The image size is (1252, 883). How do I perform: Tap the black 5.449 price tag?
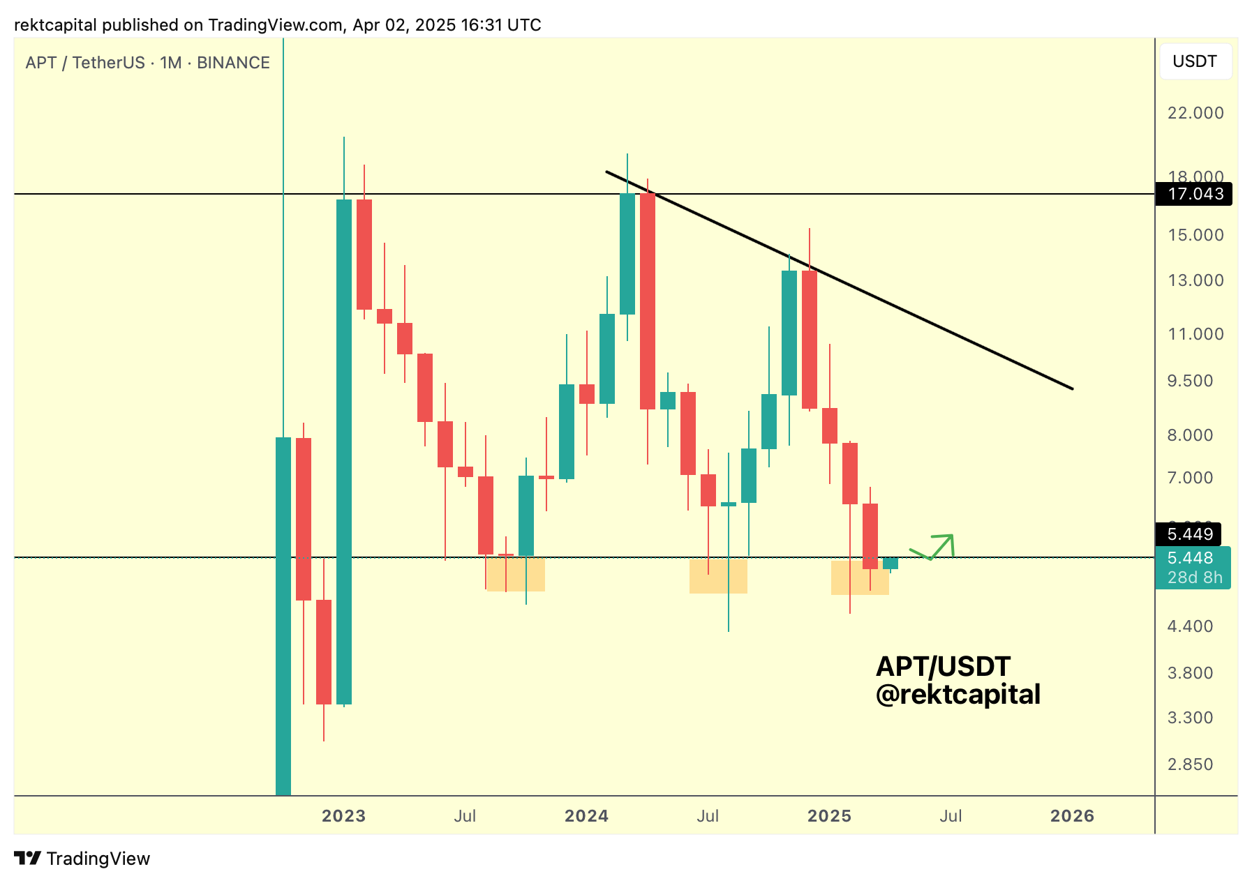[1190, 534]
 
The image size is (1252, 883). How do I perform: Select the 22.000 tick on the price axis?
[1195, 113]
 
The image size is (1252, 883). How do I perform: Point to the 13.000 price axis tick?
[1195, 280]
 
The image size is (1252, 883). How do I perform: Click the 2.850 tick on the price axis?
[1190, 764]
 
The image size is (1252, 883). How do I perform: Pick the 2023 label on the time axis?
[343, 816]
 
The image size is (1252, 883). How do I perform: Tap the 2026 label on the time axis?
[1072, 816]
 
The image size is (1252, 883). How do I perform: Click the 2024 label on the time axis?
[586, 816]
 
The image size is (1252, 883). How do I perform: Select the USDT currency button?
[1195, 61]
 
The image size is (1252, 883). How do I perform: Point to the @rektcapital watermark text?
[957, 695]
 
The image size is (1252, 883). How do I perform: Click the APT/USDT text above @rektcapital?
[943, 667]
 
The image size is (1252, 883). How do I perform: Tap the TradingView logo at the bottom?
[82, 859]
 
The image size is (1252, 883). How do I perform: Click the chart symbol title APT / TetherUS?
[147, 63]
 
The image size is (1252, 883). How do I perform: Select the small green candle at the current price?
[890, 564]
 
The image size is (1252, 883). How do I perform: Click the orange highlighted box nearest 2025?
[860, 578]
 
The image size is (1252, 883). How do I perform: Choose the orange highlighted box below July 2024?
[718, 576]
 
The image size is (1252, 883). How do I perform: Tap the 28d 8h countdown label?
[1194, 578]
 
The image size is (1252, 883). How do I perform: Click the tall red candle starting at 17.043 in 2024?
[648, 301]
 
